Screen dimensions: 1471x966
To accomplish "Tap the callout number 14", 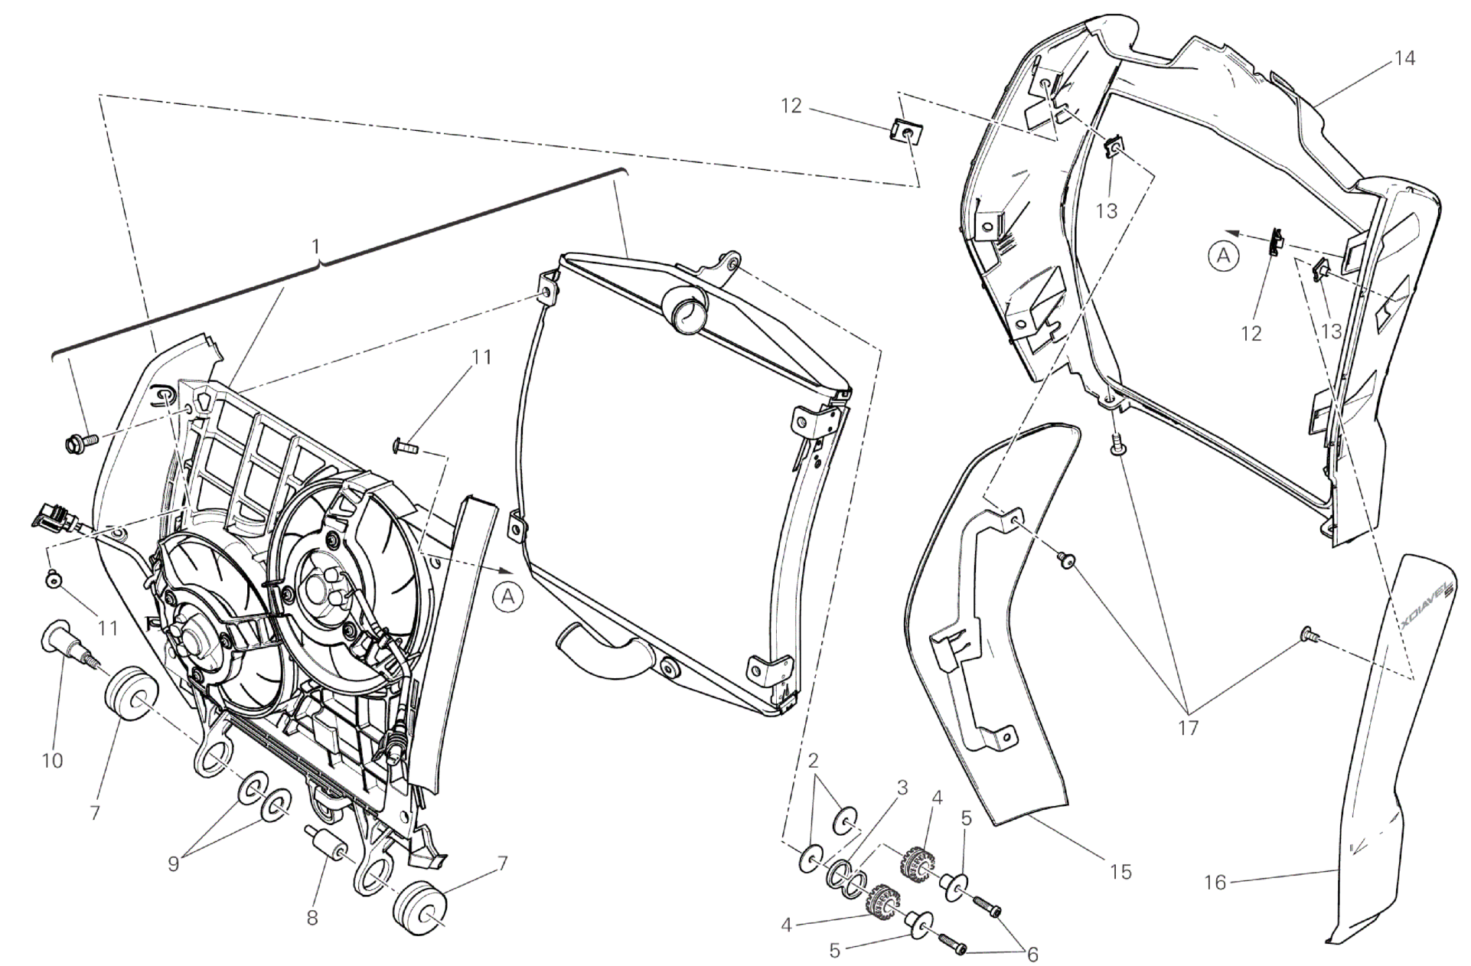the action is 1404,58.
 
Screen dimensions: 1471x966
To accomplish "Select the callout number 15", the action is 1120,872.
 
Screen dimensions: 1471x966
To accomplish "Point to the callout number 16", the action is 1215,883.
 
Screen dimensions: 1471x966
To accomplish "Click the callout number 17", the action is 1188,727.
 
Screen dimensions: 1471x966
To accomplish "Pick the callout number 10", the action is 52,760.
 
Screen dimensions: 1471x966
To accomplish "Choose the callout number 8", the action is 312,918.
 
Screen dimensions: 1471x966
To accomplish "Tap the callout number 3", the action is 902,787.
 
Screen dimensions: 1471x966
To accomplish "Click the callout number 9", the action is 174,863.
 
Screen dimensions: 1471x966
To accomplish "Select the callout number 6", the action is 1032,954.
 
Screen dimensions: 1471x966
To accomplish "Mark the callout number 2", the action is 813,760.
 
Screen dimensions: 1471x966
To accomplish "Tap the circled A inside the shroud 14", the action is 1224,256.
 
